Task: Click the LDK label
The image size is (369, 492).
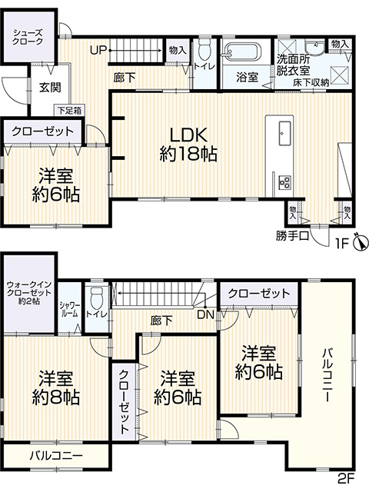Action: (x=188, y=135)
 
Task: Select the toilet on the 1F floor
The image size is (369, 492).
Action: (x=204, y=49)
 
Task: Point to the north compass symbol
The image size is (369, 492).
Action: (x=361, y=242)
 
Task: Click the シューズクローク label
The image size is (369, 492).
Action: (x=28, y=37)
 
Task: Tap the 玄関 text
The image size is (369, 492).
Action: (x=50, y=88)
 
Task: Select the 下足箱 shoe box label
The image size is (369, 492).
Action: (x=69, y=111)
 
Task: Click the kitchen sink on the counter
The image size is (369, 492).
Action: (x=284, y=133)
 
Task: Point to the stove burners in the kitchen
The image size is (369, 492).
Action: (x=285, y=182)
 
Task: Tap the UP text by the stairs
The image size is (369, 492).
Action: (x=98, y=50)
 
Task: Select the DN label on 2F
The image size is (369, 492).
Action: (x=205, y=314)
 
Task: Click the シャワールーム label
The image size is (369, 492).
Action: (x=70, y=310)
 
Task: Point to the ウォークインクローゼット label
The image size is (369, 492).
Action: (x=29, y=293)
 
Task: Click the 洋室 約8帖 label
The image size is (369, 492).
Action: (x=56, y=387)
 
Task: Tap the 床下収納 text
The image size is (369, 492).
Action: (x=311, y=82)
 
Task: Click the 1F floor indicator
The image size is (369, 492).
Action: (x=343, y=243)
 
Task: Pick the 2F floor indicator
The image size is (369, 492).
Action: (x=346, y=479)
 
